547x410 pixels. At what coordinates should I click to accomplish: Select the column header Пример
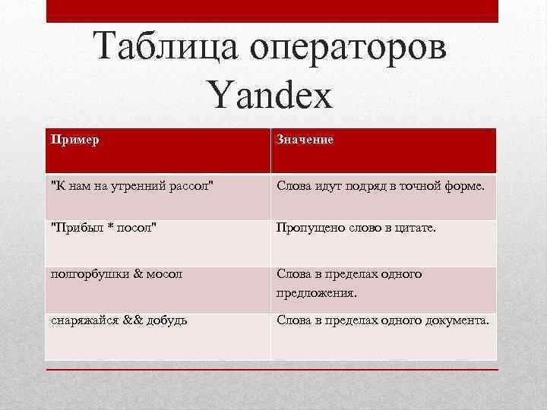[x=74, y=140]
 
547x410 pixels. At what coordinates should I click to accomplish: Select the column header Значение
[x=305, y=140]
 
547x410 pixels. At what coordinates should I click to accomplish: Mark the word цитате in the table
[x=415, y=229]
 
